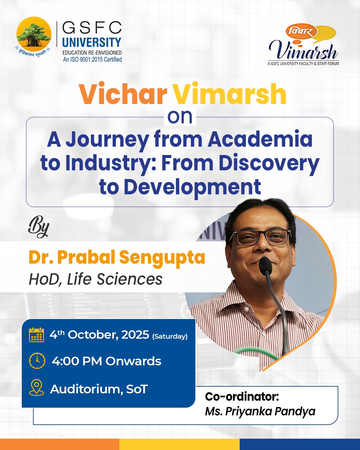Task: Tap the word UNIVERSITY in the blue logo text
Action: pyautogui.click(x=92, y=43)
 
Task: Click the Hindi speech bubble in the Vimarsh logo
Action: pyautogui.click(x=301, y=32)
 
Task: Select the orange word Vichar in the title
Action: pyautogui.click(x=123, y=94)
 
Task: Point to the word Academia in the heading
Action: pyautogui.click(x=260, y=139)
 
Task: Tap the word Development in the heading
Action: pyautogui.click(x=192, y=187)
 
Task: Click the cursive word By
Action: pyautogui.click(x=39, y=227)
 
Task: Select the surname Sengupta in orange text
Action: pyautogui.click(x=162, y=258)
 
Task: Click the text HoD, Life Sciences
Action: pyautogui.click(x=96, y=279)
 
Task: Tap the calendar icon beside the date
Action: pyautogui.click(x=36, y=335)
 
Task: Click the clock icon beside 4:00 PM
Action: pyautogui.click(x=37, y=361)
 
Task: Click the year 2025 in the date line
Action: pyautogui.click(x=135, y=334)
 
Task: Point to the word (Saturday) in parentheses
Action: pyautogui.click(x=170, y=336)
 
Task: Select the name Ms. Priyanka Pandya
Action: pyautogui.click(x=260, y=411)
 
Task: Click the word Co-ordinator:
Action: pyautogui.click(x=242, y=397)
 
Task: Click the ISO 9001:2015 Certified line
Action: pyautogui.click(x=92, y=59)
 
